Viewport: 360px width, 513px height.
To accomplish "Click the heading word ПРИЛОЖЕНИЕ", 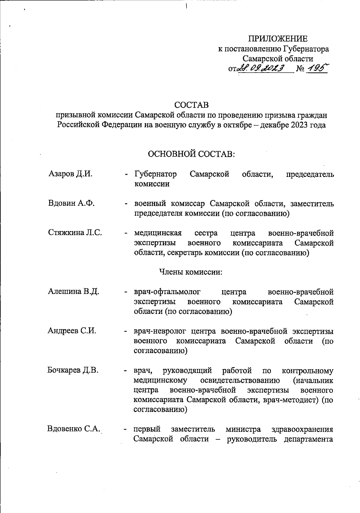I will [277, 39].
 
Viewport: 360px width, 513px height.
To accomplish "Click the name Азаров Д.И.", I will [70, 174].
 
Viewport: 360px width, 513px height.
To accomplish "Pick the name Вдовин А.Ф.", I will [71, 203].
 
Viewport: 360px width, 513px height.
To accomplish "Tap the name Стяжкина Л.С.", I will [75, 233].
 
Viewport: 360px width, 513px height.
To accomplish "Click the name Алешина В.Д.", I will [73, 291].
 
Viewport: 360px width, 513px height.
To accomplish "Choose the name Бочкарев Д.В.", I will [73, 370].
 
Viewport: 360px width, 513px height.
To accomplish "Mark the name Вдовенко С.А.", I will [73, 429].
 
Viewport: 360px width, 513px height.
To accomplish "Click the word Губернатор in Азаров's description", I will [155, 174].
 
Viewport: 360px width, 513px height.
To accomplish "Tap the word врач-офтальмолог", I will [167, 292].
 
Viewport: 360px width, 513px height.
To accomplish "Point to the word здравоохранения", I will [302, 429].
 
